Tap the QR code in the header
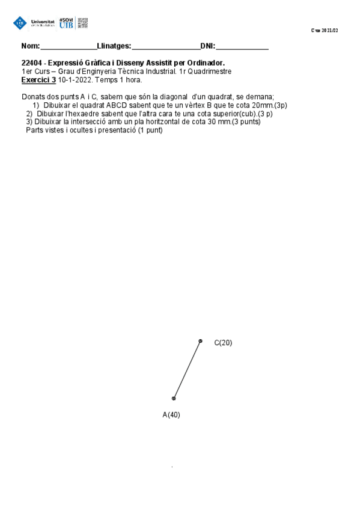[83, 23]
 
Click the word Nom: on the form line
[30, 46]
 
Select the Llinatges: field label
[114, 46]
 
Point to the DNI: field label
[207, 46]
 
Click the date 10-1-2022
[75, 79]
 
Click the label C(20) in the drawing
[223, 343]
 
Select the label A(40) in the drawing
[171, 415]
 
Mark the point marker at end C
[201, 340]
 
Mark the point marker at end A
[174, 398]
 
